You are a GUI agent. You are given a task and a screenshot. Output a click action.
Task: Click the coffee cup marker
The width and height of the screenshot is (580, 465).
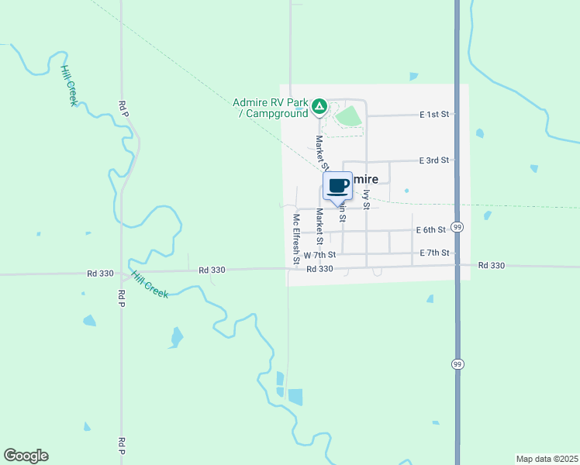tap(337, 187)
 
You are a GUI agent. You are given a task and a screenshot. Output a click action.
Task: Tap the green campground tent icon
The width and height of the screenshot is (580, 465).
tap(319, 105)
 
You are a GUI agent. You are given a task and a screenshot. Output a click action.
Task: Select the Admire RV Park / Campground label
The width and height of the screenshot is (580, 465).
tap(271, 108)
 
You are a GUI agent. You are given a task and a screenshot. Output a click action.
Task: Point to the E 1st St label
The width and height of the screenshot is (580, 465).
tap(434, 115)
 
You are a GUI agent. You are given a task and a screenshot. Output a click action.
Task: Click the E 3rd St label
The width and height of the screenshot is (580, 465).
tap(434, 160)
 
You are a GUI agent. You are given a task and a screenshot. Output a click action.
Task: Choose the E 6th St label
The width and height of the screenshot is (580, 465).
tap(431, 229)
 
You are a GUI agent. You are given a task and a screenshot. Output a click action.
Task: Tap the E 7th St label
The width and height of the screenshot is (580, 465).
tap(434, 253)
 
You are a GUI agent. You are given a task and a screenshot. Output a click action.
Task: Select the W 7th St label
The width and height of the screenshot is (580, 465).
tap(319, 254)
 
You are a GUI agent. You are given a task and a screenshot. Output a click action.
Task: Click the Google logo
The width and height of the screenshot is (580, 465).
tap(26, 456)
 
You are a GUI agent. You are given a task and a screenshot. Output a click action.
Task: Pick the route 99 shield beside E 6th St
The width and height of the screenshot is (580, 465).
tap(457, 227)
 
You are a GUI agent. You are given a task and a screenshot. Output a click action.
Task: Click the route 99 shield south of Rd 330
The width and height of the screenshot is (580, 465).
tap(457, 363)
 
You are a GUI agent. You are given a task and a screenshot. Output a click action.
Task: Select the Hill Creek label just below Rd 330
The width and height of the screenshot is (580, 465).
tap(149, 285)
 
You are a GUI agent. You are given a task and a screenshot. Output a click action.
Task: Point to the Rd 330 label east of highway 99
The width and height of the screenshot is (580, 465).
tap(492, 265)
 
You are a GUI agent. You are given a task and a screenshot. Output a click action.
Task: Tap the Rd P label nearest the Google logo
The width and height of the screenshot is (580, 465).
tap(122, 446)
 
